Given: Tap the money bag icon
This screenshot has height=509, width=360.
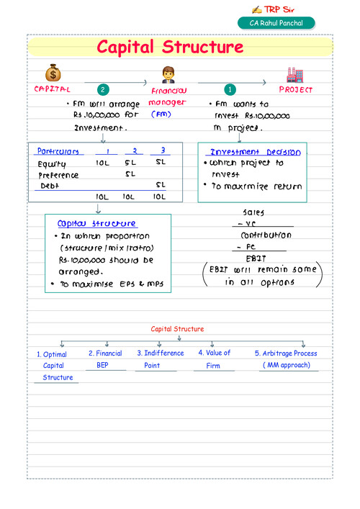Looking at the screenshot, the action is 53,73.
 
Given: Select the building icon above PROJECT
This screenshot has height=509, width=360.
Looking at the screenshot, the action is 293,74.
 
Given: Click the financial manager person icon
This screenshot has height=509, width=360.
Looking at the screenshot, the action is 168,74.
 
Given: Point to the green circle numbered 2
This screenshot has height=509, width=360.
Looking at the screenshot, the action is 103,90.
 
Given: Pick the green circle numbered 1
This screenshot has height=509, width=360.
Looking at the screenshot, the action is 230,90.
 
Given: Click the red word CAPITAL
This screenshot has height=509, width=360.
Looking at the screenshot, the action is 53,90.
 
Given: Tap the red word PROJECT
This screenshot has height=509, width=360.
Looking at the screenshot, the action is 296,90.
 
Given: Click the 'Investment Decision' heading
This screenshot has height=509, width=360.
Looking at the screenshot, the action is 255,152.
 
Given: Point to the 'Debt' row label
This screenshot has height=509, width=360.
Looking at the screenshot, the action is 49,185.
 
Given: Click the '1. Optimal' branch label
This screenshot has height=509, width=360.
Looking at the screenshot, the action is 52,354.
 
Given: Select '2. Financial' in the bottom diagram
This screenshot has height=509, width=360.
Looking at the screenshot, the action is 105,353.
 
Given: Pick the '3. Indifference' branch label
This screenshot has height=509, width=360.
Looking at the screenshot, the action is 159,353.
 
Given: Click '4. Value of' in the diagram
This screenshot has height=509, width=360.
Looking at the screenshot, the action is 214,353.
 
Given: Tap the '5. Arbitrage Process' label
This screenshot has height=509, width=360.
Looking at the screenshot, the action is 285,353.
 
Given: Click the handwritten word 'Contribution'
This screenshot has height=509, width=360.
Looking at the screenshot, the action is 266,235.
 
